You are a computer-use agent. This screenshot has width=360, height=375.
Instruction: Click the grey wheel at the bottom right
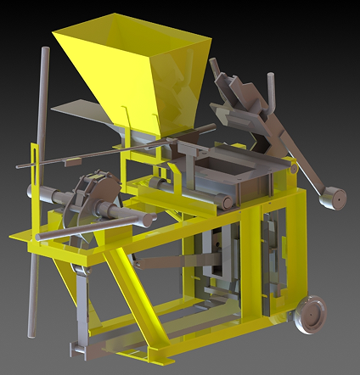click(x=310, y=314)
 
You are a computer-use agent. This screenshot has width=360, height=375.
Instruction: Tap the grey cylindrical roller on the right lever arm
click(x=331, y=198)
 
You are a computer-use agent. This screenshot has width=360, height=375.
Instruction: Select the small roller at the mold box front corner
click(x=227, y=200)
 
